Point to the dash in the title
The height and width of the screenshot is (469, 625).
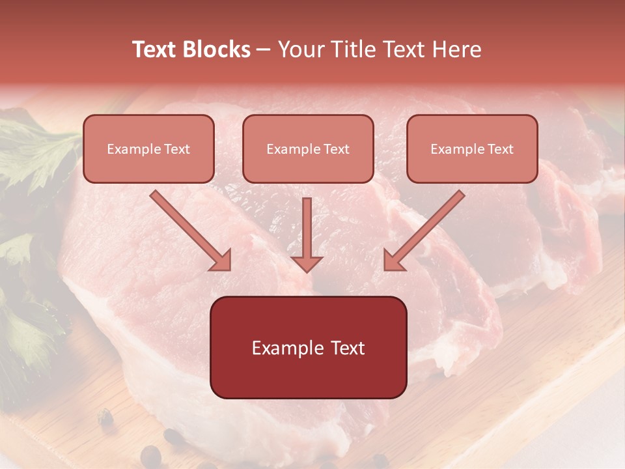[264, 50]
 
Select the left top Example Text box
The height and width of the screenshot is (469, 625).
[148, 149]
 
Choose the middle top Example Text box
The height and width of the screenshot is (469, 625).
[308, 149]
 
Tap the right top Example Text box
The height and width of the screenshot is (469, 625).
[472, 149]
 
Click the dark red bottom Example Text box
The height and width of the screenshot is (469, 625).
[308, 347]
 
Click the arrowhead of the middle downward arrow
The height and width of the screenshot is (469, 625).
[307, 263]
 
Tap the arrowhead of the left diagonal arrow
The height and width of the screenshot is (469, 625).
[221, 260]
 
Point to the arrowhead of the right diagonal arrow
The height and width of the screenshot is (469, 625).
[393, 260]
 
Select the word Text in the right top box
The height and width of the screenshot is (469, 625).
[500, 149]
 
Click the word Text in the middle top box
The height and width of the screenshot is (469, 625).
[336, 149]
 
